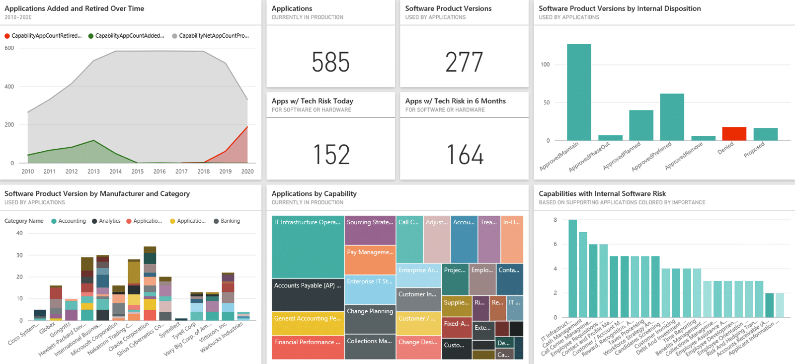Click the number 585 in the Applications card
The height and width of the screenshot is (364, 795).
[x=330, y=62]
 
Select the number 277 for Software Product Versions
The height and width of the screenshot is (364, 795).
[x=464, y=62]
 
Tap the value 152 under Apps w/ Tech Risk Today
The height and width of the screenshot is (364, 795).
[x=331, y=155]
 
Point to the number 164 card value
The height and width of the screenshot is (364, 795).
[x=465, y=155]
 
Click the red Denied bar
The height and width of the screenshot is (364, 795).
[x=734, y=134]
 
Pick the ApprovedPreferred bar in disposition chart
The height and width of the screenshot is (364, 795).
[x=672, y=117]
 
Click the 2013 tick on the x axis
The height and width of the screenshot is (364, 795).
[x=93, y=172]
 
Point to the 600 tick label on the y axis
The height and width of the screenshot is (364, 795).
[x=9, y=48]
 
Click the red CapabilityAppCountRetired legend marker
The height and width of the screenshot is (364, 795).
[x=7, y=36]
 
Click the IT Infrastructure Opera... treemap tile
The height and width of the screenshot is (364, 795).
[x=308, y=246]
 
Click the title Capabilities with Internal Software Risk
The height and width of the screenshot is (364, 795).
[x=602, y=193]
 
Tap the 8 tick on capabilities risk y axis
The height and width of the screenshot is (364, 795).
[x=555, y=220]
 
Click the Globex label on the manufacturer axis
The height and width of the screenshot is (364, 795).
[x=48, y=328]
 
